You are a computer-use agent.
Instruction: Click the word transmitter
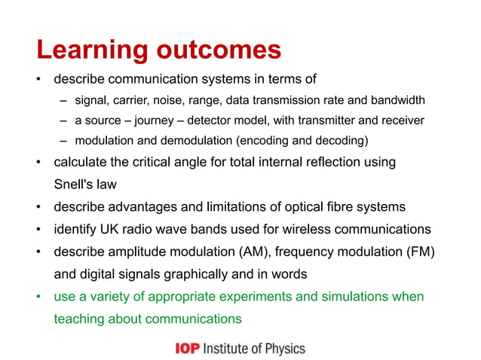(x=326, y=121)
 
